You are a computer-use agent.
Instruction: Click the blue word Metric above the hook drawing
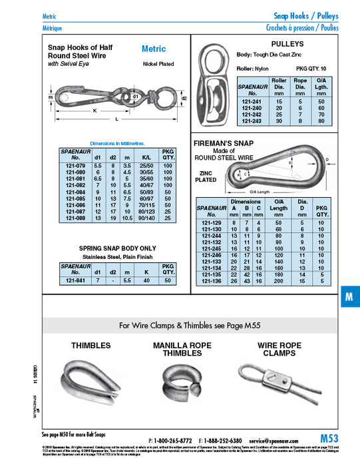154,49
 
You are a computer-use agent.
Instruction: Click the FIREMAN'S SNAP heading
224,143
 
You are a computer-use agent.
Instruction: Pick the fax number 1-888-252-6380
223,441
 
